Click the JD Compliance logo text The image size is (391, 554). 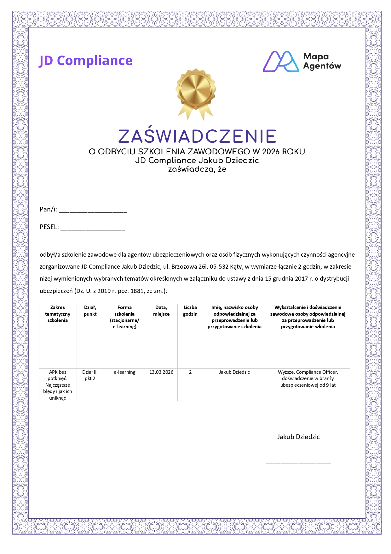85,61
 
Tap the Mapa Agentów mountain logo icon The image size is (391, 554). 280,62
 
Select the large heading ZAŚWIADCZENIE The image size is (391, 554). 197,136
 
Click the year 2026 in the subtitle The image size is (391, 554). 271,152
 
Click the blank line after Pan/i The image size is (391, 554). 93,211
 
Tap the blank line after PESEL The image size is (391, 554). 93,229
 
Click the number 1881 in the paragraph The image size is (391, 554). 137,291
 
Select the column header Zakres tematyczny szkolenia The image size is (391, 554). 57,314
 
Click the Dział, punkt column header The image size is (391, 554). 90,311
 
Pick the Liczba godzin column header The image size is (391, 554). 190,311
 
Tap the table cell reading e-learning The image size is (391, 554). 124,372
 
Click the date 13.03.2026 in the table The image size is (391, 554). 161,372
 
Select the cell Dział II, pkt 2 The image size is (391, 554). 90,375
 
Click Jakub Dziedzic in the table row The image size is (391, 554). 234,372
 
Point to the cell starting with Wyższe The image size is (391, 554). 308,378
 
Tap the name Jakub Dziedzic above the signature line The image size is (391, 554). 298,437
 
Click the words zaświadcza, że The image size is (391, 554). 197,169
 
